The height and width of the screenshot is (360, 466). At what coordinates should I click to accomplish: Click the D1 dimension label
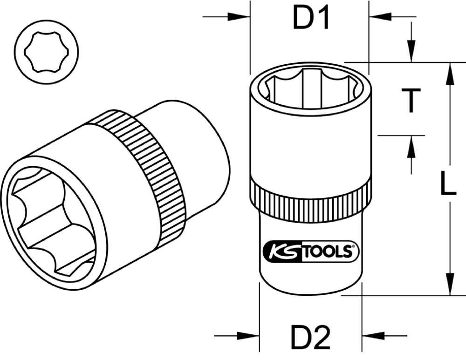(311, 19)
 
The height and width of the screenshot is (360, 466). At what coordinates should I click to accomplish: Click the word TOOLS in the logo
(332, 252)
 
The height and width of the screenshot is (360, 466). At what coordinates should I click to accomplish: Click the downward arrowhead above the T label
(411, 51)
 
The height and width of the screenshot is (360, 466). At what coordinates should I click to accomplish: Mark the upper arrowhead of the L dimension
(450, 75)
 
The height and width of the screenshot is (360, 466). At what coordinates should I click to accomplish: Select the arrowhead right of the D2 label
(373, 335)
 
